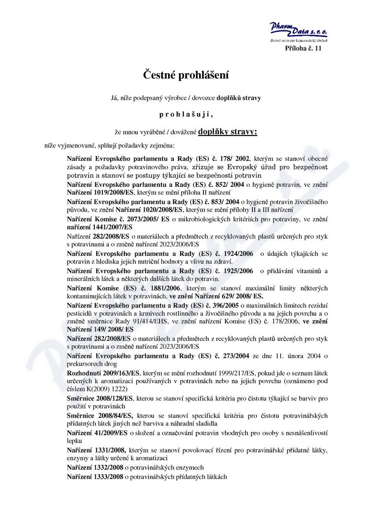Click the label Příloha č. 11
304,49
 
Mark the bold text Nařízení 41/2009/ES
97,433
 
